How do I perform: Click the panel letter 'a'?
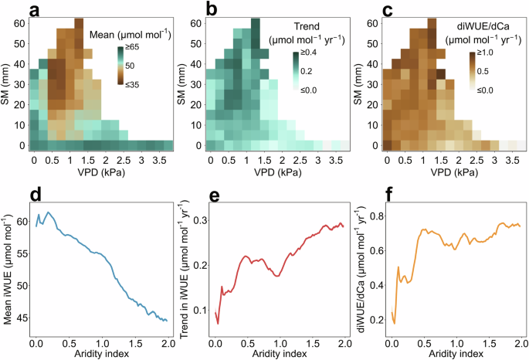(x=12, y=10)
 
